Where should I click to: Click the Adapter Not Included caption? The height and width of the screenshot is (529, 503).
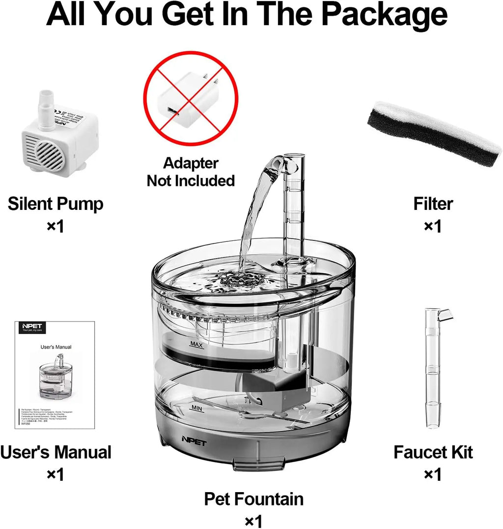pyautogui.click(x=191, y=172)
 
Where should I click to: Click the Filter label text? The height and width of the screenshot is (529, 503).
pyautogui.click(x=433, y=204)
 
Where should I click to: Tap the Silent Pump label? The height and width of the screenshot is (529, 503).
pyautogui.click(x=56, y=204)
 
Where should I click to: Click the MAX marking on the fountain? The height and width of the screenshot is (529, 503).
pyautogui.click(x=196, y=345)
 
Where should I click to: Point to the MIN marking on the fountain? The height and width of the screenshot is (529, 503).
pyautogui.click(x=196, y=408)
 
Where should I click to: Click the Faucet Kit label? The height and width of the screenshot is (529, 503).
pyautogui.click(x=433, y=452)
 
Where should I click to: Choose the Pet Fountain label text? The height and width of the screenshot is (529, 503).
pyautogui.click(x=253, y=499)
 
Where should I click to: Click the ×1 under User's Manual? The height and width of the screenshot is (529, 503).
pyautogui.click(x=56, y=474)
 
